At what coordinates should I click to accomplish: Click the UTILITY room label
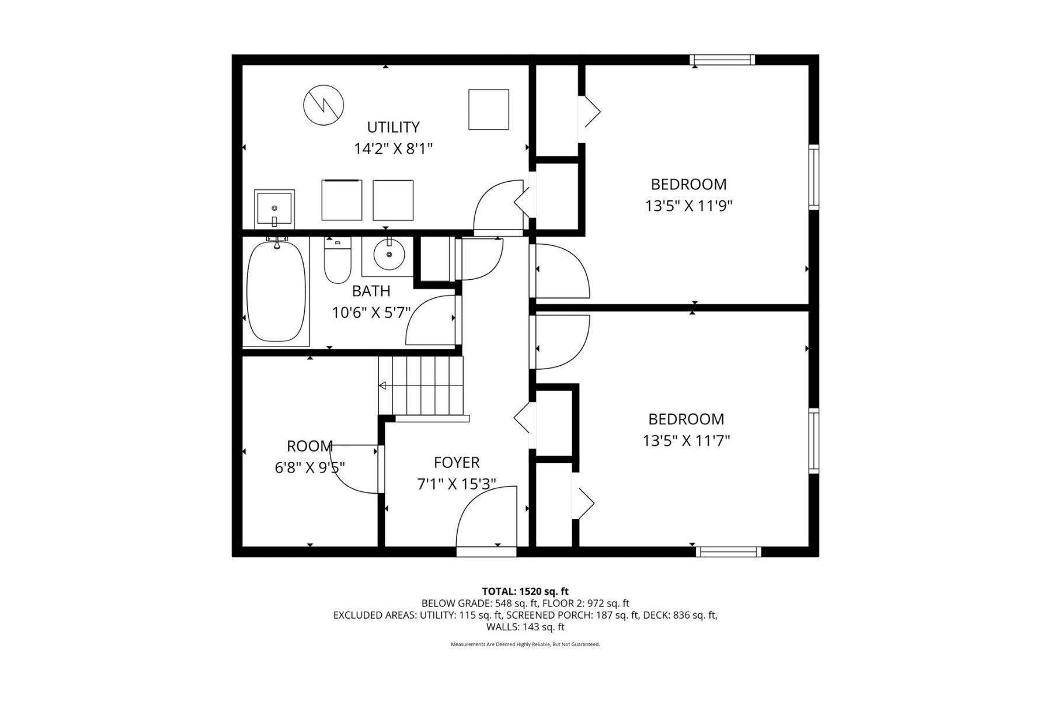[x=393, y=127]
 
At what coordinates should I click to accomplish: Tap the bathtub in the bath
[x=276, y=291]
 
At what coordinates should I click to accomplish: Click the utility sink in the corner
[x=274, y=209]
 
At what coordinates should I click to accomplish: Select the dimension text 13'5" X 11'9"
[x=688, y=206]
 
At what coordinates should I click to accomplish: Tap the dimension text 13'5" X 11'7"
[x=686, y=440]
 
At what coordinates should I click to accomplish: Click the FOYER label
[x=457, y=463]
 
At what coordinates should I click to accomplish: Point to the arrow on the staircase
[x=383, y=386]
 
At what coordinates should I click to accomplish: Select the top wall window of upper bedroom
[x=722, y=60]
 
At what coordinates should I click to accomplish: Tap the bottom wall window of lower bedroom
[x=728, y=551]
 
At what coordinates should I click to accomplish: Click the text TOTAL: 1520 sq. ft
[x=525, y=591]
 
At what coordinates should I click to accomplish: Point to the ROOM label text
[x=309, y=446]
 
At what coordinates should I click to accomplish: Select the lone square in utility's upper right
[x=489, y=109]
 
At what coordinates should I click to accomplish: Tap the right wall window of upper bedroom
[x=813, y=177]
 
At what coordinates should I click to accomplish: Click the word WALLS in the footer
[x=502, y=627]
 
